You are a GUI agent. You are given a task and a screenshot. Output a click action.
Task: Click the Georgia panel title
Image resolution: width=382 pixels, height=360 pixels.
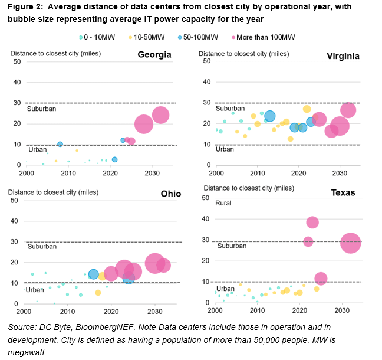point(154,55)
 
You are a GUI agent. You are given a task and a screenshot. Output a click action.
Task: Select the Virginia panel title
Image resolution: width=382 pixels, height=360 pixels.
point(343,55)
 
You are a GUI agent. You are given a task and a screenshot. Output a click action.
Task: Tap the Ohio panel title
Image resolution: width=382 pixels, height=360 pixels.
point(170,194)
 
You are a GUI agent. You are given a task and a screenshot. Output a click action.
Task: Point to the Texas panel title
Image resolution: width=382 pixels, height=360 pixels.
point(343,193)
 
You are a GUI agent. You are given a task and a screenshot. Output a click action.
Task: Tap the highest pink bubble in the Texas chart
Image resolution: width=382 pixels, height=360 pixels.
point(312,222)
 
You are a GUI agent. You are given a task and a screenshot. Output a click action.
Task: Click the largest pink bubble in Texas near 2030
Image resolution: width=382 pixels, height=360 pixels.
point(350,243)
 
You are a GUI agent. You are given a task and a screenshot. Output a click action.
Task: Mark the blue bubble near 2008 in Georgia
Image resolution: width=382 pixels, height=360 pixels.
point(60,144)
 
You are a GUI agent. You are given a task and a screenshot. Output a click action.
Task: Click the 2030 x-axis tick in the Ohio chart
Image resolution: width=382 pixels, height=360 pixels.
point(154,312)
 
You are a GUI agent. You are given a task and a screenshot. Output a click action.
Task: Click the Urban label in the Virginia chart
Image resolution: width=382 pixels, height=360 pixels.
point(225,149)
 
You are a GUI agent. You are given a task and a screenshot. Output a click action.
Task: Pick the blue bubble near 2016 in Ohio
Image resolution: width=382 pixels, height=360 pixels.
point(93,274)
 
